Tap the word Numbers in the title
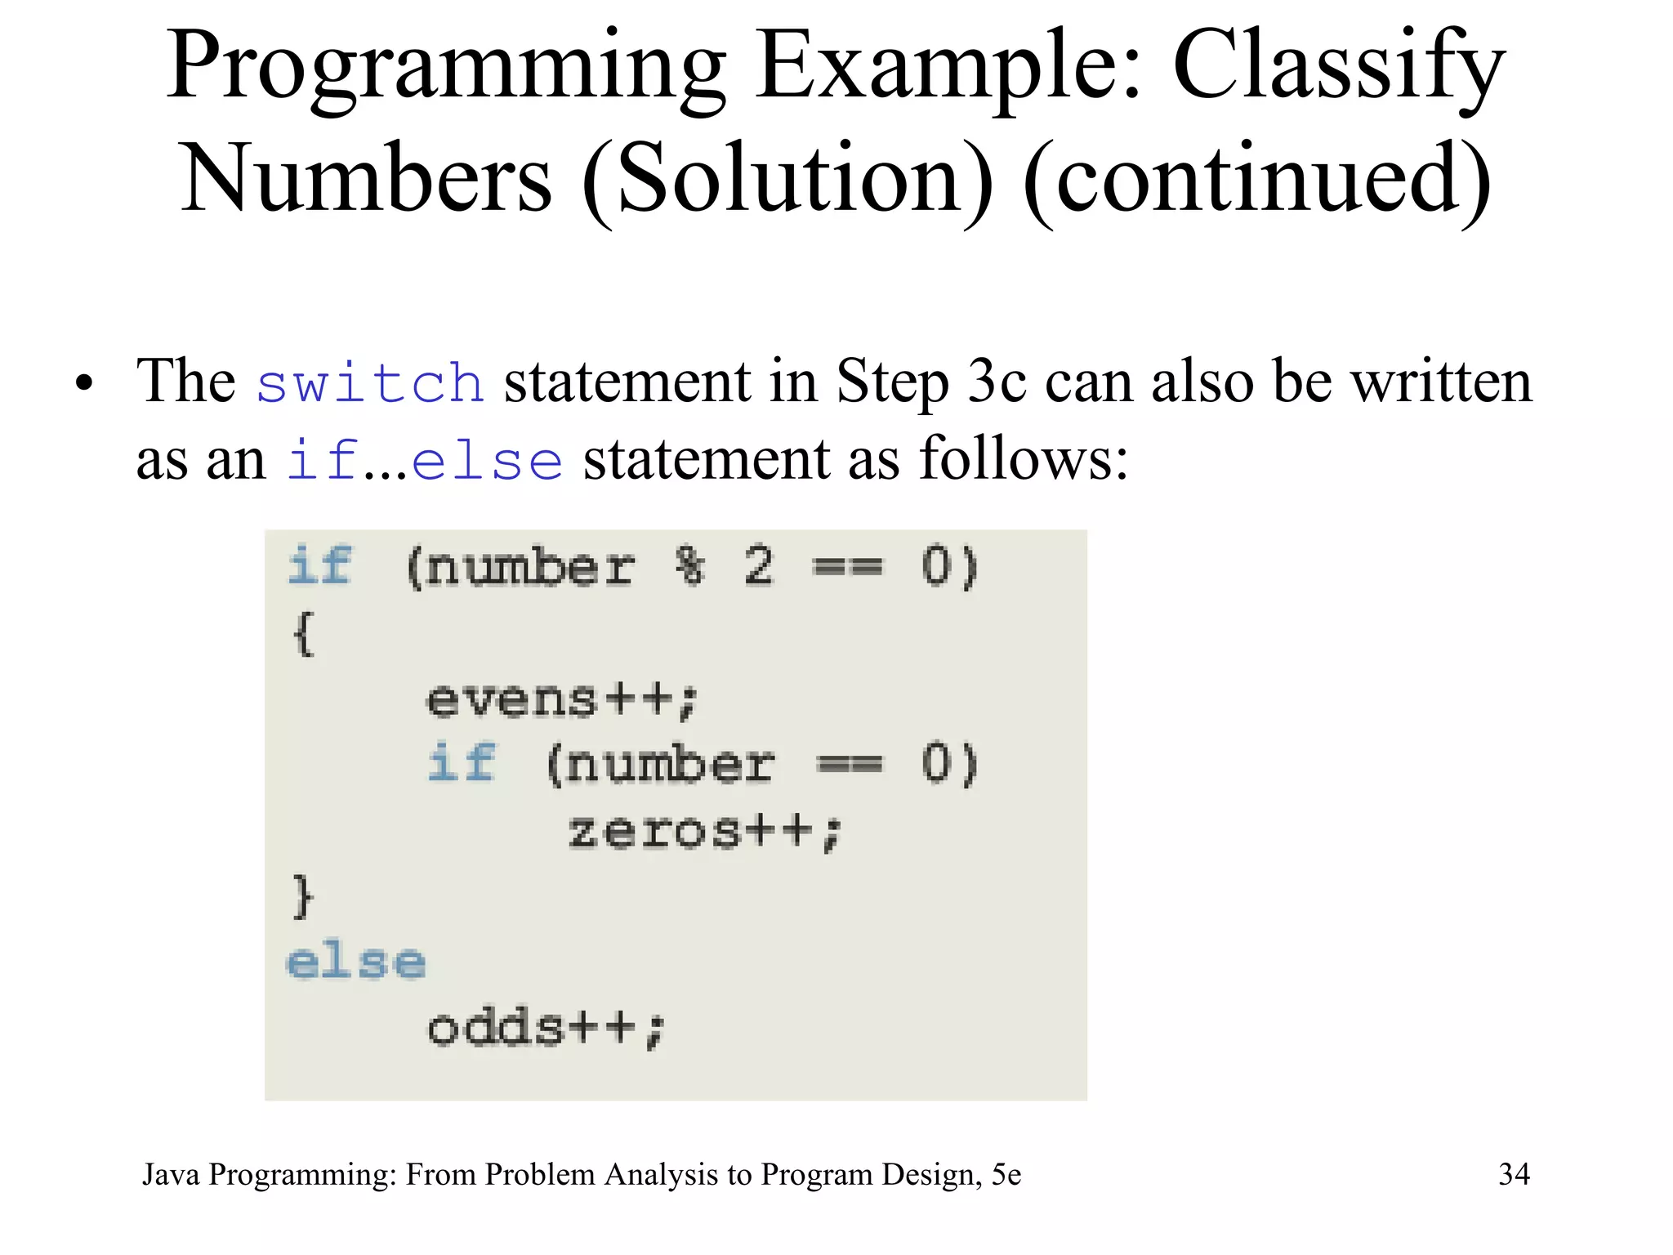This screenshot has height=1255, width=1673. [366, 178]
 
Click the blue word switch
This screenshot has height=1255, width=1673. [370, 382]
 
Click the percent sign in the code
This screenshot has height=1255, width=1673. [690, 565]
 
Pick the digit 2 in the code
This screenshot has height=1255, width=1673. [758, 565]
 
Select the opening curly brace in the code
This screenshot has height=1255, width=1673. [303, 633]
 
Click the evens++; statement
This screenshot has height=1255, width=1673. [562, 700]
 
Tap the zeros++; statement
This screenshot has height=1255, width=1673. [704, 833]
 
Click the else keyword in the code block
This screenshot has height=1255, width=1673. [356, 962]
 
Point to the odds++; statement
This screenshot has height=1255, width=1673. [547, 1029]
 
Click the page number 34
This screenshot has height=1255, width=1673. [1514, 1174]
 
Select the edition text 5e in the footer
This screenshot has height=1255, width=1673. [1006, 1175]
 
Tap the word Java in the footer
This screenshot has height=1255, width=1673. [171, 1175]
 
